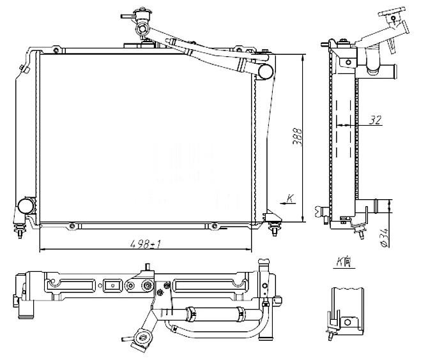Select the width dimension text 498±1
[x=146, y=243]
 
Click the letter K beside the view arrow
[x=289, y=198]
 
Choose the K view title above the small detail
[x=342, y=261]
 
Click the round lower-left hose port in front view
[x=26, y=206]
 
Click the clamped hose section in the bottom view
[x=214, y=313]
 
